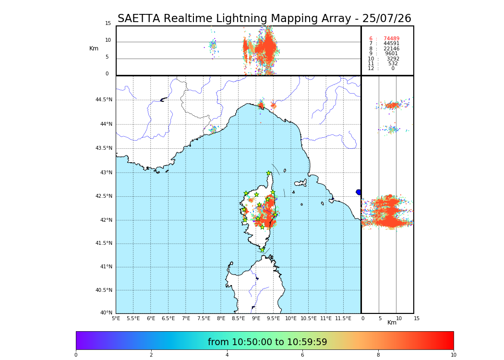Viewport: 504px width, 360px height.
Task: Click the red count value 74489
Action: point(391,39)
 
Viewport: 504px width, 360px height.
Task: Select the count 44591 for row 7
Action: point(391,44)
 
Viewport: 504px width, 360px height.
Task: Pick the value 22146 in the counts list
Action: point(391,49)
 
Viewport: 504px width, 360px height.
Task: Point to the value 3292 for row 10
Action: point(393,59)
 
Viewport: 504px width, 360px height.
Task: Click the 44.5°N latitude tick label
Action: point(104,100)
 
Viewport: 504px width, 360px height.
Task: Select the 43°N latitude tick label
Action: point(106,173)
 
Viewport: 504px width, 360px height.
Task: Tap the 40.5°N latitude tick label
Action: point(104,290)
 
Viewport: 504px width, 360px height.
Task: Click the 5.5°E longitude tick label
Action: point(133,318)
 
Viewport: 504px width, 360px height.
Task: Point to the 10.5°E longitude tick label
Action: point(308,318)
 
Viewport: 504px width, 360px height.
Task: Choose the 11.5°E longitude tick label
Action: point(343,318)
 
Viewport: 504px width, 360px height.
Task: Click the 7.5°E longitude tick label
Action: point(204,318)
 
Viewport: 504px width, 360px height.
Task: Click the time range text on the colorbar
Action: point(267,342)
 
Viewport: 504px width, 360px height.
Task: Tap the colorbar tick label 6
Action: point(302,355)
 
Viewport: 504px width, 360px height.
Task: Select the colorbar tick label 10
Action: point(454,355)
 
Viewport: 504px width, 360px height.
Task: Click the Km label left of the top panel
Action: point(94,48)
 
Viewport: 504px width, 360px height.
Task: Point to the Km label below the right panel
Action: point(392,323)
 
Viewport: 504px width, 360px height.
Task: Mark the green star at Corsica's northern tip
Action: point(269,173)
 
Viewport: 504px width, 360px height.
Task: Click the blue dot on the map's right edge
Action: point(359,192)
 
